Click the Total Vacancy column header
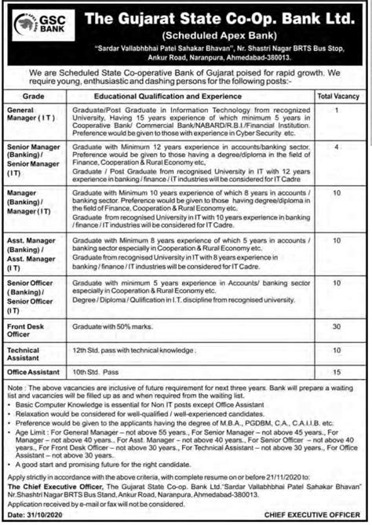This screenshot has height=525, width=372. (x=336, y=95)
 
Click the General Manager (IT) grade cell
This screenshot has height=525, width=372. (x=27, y=117)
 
